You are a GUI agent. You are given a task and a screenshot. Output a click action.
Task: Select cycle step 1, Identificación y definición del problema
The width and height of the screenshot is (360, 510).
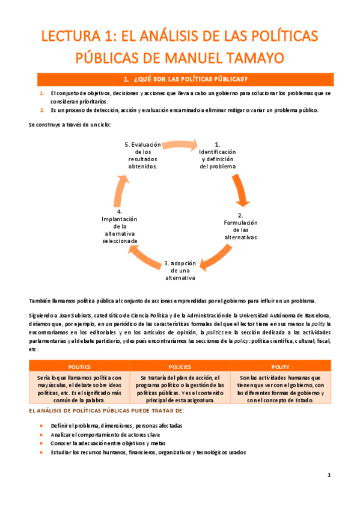coord(218,155)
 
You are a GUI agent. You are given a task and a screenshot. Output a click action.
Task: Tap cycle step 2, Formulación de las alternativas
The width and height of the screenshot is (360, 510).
coord(240,226)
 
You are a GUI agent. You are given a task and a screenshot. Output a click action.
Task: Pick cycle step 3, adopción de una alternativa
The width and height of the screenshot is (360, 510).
coord(180,270)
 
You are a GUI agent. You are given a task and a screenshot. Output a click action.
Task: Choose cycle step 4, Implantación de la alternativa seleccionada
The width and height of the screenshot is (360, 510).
coord(120,226)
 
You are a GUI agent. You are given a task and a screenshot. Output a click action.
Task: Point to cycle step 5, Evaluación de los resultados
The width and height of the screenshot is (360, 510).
coord(143,155)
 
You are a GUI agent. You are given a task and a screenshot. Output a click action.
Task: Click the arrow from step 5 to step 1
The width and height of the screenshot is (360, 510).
coord(180,144)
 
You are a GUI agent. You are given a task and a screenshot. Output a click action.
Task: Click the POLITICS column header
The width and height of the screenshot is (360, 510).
coord(80,366)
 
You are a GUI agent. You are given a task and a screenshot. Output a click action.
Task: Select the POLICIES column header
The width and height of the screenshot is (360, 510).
coord(180,366)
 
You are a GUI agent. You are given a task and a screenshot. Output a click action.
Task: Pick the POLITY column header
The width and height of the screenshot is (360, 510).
coord(280,366)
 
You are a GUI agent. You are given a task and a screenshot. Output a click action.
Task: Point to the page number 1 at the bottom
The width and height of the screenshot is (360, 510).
coord(329,475)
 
